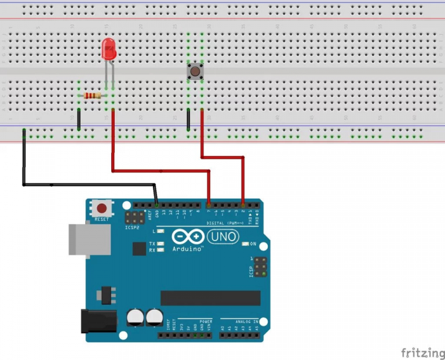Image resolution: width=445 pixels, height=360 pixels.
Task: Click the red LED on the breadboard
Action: [108, 50]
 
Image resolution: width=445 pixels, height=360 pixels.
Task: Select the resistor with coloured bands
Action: [92, 96]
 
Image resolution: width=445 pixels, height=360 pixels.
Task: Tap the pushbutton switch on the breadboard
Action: [195, 72]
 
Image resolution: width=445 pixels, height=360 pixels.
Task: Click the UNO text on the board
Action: [222, 237]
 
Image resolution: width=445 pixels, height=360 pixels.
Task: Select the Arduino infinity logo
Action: [188, 237]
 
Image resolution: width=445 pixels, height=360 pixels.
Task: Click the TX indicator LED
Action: [161, 243]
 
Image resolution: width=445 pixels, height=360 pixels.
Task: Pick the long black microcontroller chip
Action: [209, 298]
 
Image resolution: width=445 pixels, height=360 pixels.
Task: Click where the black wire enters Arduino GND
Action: [156, 205]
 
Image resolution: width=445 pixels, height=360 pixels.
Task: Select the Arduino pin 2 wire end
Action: [243, 205]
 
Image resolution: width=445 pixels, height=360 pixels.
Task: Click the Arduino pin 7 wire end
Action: [209, 205]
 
